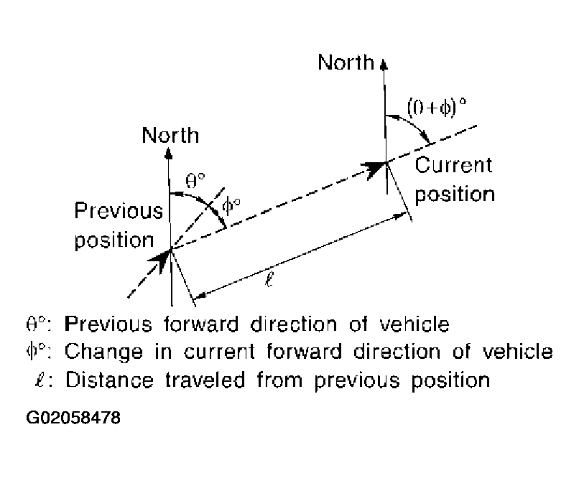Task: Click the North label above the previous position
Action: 170,134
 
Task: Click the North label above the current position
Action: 346,62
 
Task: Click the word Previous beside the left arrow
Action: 119,211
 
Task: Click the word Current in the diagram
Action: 454,165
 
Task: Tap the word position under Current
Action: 455,194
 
